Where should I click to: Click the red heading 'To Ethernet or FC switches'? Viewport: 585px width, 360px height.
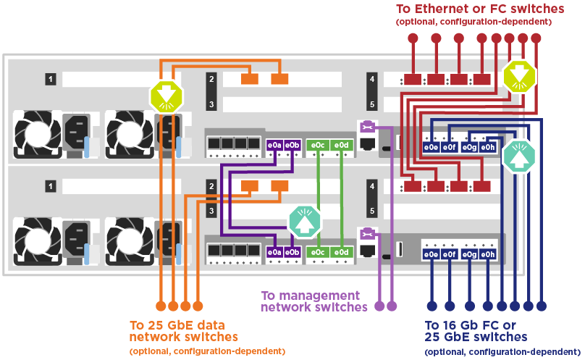pos(479,9)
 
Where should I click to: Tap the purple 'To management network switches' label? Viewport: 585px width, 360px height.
pos(310,301)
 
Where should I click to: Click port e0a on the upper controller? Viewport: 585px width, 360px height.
pos(274,146)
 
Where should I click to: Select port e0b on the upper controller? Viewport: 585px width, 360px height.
pos(292,146)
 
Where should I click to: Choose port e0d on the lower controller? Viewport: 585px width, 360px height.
pos(341,252)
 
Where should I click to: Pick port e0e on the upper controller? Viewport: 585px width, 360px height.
pos(431,147)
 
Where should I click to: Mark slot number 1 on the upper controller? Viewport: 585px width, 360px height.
pos(51,78)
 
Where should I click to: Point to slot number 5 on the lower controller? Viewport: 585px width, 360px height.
pos(372,212)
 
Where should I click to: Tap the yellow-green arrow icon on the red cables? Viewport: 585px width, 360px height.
pos(520,75)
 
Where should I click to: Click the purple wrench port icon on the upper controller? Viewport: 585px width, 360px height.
pos(367,127)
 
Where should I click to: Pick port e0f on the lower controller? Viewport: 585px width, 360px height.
pos(450,254)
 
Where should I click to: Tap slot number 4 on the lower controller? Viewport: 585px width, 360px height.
pos(372,186)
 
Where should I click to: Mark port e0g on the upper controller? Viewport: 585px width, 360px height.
pos(468,147)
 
